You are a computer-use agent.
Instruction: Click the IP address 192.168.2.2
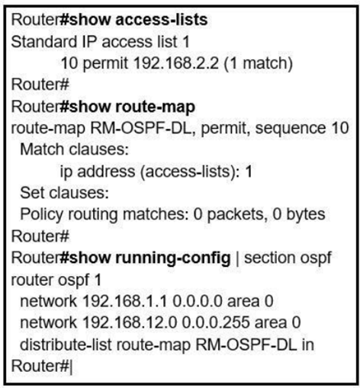tap(175, 63)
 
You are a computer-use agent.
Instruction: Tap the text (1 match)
tap(258, 63)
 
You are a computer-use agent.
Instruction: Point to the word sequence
tap(290, 128)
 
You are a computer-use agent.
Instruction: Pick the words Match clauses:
tap(75, 149)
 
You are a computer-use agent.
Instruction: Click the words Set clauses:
tap(64, 193)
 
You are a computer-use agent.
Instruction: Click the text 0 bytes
tap(299, 214)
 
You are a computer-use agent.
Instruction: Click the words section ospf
tap(288, 258)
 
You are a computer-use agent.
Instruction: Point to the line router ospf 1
tap(56, 280)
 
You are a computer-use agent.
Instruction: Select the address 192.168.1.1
tap(125, 301)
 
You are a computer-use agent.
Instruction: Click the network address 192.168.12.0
tap(130, 322)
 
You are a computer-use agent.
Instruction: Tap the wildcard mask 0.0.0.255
tap(216, 322)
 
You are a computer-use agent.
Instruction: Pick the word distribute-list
tap(66, 345)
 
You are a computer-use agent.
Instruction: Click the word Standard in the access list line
tap(43, 41)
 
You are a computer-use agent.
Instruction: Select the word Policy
tap(41, 214)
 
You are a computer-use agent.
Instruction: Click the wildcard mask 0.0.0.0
tap(198, 301)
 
